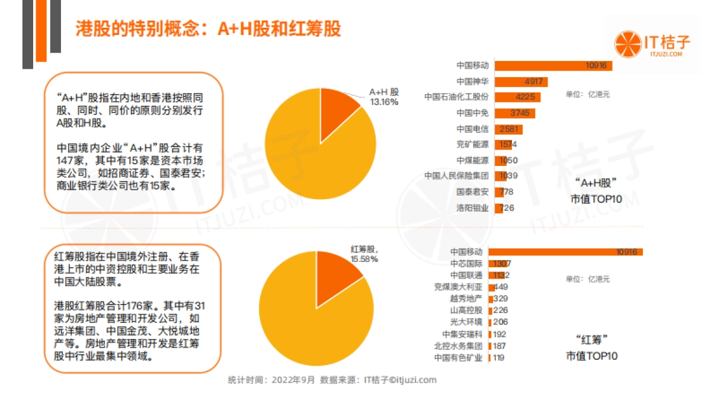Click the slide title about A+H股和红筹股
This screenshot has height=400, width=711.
(x=208, y=29)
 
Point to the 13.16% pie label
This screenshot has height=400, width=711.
(x=384, y=102)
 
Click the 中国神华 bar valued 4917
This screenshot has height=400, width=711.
(x=521, y=82)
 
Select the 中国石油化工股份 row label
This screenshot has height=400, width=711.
(x=456, y=97)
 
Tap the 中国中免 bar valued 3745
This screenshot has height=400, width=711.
(x=515, y=113)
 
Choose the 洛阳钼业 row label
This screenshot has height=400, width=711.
(x=472, y=208)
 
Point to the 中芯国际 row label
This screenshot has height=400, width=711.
(x=466, y=264)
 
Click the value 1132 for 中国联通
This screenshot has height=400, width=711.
(x=501, y=275)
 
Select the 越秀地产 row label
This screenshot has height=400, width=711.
(x=466, y=299)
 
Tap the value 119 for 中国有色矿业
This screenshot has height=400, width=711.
(x=498, y=358)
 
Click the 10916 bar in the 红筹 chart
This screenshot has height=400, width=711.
(x=565, y=252)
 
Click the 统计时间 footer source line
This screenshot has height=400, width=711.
(x=332, y=380)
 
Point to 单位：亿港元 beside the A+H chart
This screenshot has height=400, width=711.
(x=588, y=94)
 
